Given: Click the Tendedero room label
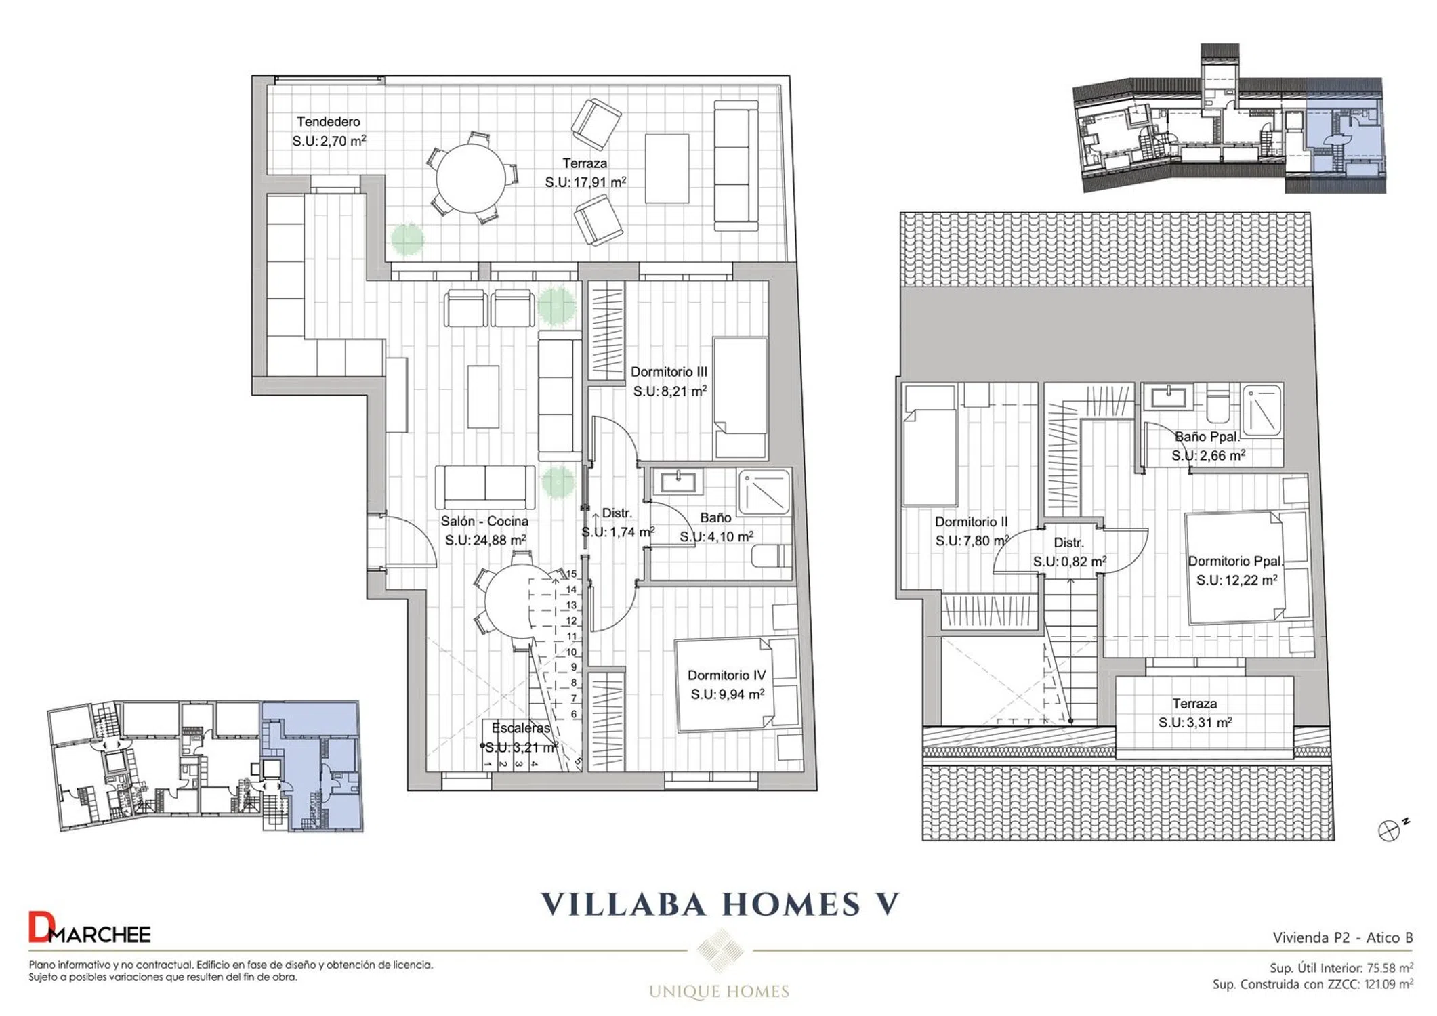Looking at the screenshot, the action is (x=329, y=122).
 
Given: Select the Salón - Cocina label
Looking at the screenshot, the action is (x=484, y=522).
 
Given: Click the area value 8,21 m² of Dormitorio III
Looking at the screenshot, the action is (x=670, y=391).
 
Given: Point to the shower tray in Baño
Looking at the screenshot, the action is (x=764, y=492).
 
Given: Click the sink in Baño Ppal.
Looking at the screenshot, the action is (x=1167, y=397).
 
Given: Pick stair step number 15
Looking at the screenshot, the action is (x=571, y=574).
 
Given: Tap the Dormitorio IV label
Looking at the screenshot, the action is (x=726, y=675).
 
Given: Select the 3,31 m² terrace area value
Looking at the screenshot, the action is (x=1195, y=723).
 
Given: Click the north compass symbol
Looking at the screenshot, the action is (x=1388, y=830).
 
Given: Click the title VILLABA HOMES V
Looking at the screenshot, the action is (x=720, y=904).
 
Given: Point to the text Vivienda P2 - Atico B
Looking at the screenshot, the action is (x=1343, y=937).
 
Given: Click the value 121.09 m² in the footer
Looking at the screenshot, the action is (x=1389, y=984).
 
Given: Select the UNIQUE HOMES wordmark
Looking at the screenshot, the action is (x=719, y=992).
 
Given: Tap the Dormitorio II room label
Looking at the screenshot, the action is (x=971, y=522).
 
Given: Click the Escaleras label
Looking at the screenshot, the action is (x=520, y=728).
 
